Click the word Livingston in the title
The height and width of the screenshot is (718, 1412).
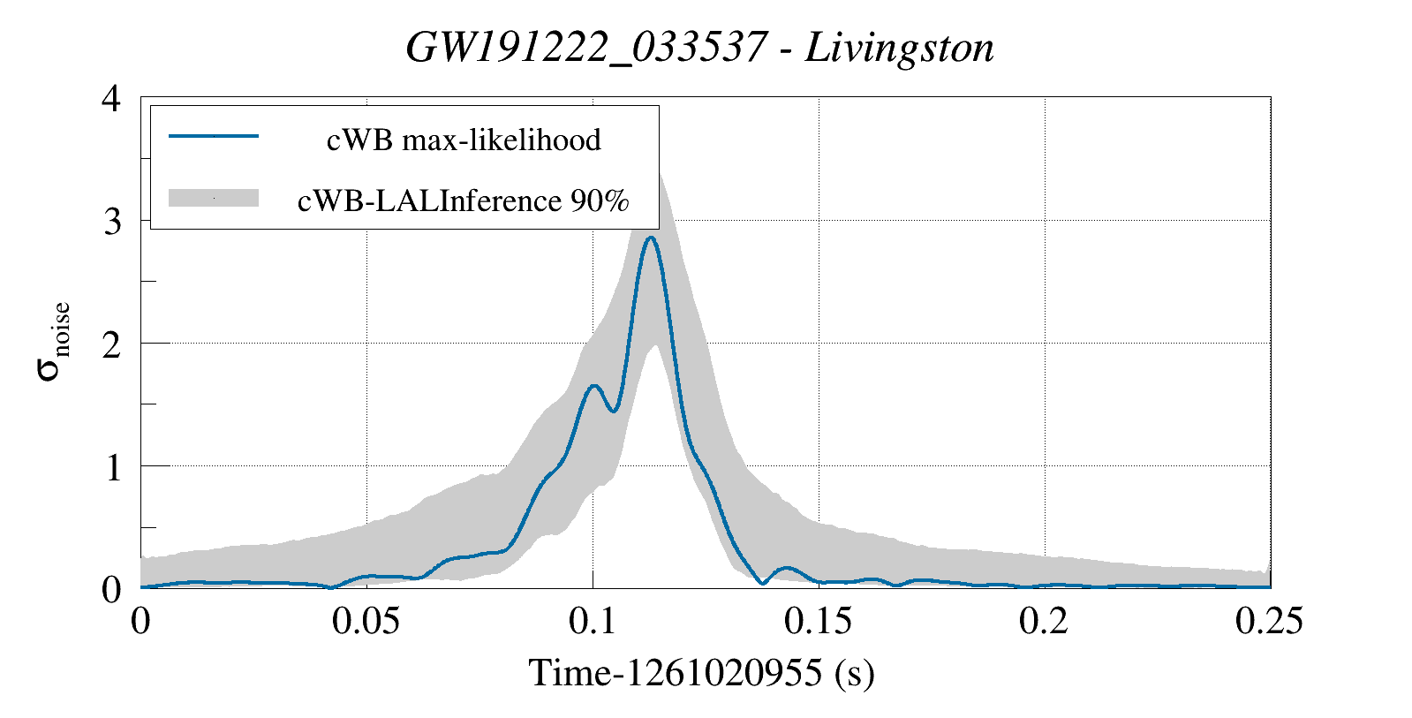click(x=900, y=48)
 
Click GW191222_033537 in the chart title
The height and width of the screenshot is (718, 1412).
click(x=585, y=48)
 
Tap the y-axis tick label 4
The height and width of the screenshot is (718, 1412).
click(x=111, y=98)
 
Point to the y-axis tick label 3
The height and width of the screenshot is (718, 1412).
click(x=111, y=221)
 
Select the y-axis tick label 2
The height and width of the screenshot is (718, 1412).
click(x=111, y=344)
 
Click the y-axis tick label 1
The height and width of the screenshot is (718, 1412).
click(x=112, y=466)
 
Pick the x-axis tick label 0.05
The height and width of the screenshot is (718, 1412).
click(x=366, y=621)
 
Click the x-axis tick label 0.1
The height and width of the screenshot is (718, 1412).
click(x=593, y=621)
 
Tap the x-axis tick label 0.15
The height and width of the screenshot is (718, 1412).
click(x=819, y=621)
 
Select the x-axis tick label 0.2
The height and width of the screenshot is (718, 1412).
click(x=1044, y=621)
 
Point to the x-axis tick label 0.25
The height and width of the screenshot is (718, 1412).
click(x=1269, y=621)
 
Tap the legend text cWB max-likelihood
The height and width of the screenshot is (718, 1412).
click(x=464, y=140)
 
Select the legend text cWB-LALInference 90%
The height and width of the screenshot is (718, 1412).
click(x=464, y=200)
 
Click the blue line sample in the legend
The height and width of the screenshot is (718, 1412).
click(x=214, y=136)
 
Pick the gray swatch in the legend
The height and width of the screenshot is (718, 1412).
click(x=214, y=198)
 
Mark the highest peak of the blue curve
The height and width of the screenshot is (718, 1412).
click(x=651, y=237)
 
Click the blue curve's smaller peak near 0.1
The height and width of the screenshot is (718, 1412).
click(x=593, y=386)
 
